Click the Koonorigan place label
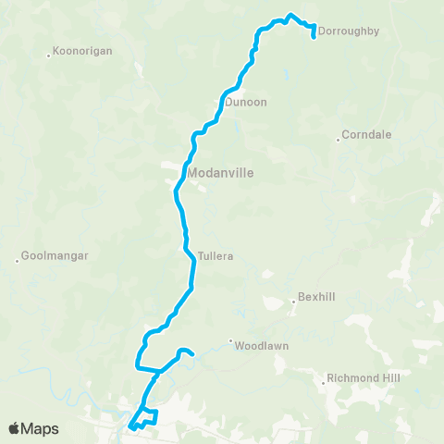(83, 51)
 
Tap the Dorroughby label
(349, 31)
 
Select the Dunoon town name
(245, 103)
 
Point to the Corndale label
(366, 134)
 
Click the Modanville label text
(220, 172)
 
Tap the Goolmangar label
(55, 256)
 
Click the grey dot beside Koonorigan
(48, 55)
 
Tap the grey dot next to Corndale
(338, 140)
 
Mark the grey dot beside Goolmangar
(17, 261)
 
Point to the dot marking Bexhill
(292, 300)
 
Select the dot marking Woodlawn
(230, 340)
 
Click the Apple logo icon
(14, 428)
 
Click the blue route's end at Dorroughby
(314, 37)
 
